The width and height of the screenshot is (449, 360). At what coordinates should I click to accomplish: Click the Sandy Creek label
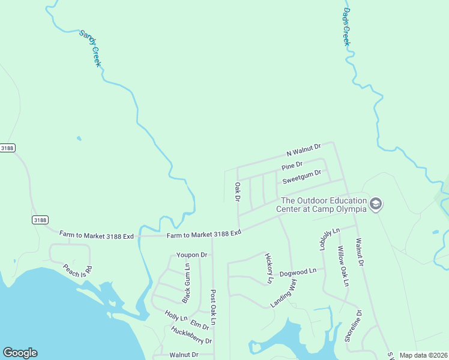(x=89, y=48)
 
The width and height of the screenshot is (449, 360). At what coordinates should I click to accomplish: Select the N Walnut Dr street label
(x=304, y=149)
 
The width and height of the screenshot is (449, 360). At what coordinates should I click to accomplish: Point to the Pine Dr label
(x=292, y=164)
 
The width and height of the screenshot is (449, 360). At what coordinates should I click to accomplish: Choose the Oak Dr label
(x=238, y=192)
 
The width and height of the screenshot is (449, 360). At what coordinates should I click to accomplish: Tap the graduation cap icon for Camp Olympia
(x=376, y=205)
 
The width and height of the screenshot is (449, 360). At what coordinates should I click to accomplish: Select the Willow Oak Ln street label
(x=342, y=266)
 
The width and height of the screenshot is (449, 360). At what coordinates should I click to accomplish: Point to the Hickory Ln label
(x=269, y=268)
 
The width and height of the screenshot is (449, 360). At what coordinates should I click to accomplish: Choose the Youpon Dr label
(x=191, y=255)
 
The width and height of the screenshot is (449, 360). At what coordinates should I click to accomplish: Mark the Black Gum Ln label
(x=186, y=283)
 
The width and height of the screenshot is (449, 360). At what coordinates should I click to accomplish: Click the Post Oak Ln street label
(x=212, y=307)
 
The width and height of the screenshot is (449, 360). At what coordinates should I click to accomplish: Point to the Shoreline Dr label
(x=353, y=326)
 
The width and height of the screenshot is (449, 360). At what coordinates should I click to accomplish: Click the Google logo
(x=20, y=353)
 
